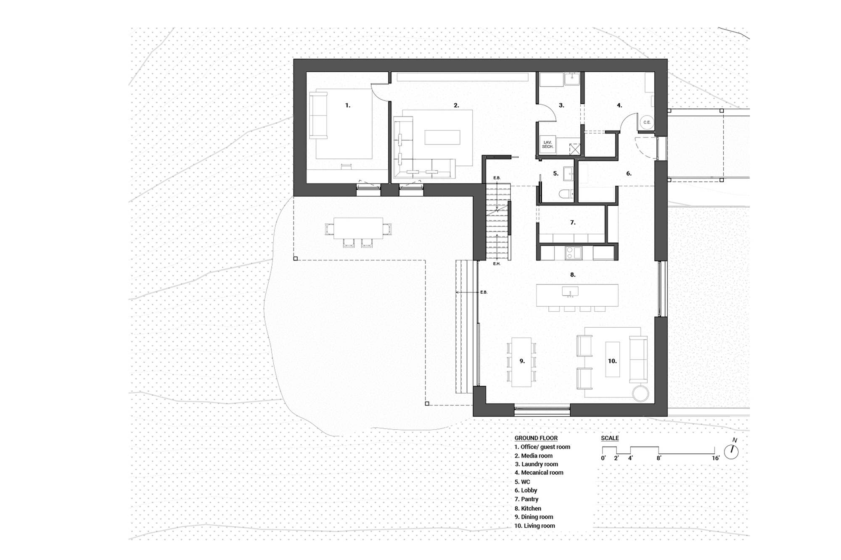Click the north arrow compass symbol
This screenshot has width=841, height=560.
(x=732, y=451)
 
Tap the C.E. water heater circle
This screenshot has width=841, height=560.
(x=646, y=122)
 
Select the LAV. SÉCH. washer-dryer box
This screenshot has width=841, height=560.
(x=547, y=145)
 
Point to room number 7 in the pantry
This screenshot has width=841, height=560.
(x=572, y=223)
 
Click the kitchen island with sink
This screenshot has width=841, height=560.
(x=577, y=295)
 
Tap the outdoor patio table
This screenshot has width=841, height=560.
(x=358, y=228)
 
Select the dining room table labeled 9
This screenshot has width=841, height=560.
(x=521, y=362)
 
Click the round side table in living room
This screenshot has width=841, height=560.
(x=641, y=394)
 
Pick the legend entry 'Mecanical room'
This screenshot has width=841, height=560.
(x=539, y=473)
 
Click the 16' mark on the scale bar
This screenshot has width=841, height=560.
(x=716, y=458)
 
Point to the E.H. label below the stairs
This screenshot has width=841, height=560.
(x=497, y=264)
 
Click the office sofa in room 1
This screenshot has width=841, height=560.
(x=318, y=115)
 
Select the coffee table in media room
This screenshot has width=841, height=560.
(x=442, y=137)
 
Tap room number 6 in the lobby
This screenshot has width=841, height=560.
(x=629, y=174)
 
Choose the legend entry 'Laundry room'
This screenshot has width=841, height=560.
(x=537, y=464)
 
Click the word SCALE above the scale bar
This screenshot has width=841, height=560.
(x=610, y=438)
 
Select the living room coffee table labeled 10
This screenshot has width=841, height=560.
(x=612, y=360)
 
